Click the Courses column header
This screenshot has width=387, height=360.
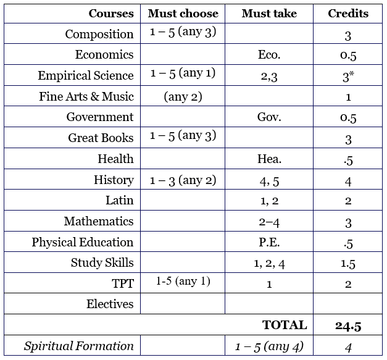111,14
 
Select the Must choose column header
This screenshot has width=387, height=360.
183,14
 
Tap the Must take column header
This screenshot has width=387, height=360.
269,14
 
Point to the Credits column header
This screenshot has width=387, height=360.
349,14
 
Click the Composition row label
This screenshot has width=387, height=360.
99,34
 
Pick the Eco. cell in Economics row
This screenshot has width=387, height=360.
269,55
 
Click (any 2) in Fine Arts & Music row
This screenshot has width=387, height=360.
183,96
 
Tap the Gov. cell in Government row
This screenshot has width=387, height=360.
269,117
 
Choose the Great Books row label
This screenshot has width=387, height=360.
101,138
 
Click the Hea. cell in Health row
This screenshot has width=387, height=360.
269,159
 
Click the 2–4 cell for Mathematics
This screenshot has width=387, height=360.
269,222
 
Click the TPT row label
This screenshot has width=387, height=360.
121,283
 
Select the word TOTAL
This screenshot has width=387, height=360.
285,325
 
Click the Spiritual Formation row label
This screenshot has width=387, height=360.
79,346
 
